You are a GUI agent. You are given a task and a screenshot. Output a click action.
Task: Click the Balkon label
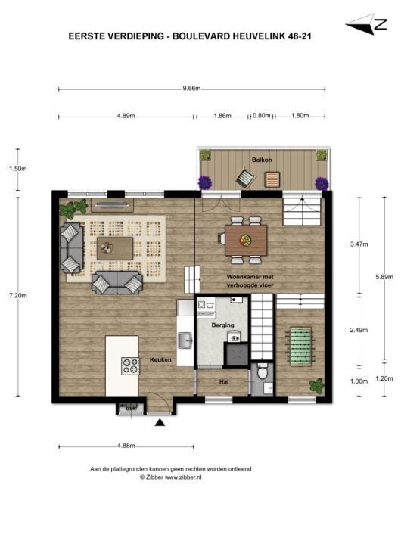click(x=262, y=160)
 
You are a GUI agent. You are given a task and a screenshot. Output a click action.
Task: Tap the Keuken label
click(x=160, y=359)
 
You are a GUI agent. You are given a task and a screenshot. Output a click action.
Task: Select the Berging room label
click(x=223, y=325)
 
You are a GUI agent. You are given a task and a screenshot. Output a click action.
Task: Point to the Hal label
click(x=224, y=382)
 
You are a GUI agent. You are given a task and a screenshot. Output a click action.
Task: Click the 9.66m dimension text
click(x=191, y=88)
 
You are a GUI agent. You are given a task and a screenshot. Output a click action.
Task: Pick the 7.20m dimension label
click(x=18, y=295)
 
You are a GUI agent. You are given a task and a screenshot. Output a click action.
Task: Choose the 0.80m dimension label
click(x=262, y=116)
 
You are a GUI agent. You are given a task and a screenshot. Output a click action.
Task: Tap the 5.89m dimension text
click(x=384, y=277)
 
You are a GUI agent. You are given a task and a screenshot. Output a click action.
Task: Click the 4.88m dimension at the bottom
click(x=126, y=446)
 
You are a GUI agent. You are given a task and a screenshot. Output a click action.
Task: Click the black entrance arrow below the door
click(x=160, y=423)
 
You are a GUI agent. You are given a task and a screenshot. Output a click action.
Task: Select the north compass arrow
click(x=360, y=25)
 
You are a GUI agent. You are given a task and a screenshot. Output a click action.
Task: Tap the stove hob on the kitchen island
click(x=131, y=365)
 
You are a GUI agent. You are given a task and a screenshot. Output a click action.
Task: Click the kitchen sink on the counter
click(x=185, y=341)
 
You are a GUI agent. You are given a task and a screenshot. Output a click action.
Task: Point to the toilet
click(x=263, y=372)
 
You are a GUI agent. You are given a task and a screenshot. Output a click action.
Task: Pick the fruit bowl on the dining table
click(x=245, y=240)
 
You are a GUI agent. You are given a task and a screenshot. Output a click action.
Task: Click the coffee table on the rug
click(x=115, y=248)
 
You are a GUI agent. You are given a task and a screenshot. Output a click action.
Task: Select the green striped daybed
click(x=300, y=346)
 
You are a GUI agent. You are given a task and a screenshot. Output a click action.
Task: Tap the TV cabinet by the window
click(x=113, y=205)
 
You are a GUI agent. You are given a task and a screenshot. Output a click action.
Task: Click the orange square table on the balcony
click(x=272, y=179)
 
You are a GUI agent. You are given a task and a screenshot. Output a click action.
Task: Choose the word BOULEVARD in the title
click(x=201, y=36)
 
